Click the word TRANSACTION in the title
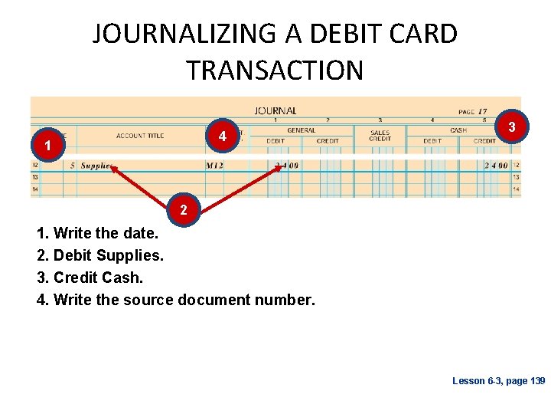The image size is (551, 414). point(275,71)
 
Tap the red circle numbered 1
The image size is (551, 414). point(47,145)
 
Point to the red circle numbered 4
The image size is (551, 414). point(222,136)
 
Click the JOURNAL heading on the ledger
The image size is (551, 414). point(275,110)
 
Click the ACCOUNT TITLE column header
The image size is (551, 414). point(140,136)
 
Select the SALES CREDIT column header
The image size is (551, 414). point(380,136)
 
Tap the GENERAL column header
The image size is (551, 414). point(301,131)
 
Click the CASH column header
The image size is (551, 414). point(458,131)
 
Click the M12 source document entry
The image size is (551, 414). point(214,166)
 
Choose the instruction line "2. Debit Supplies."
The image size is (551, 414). point(99,255)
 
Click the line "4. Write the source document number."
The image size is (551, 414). point(175,300)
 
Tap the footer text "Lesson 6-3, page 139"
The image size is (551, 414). point(498,381)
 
